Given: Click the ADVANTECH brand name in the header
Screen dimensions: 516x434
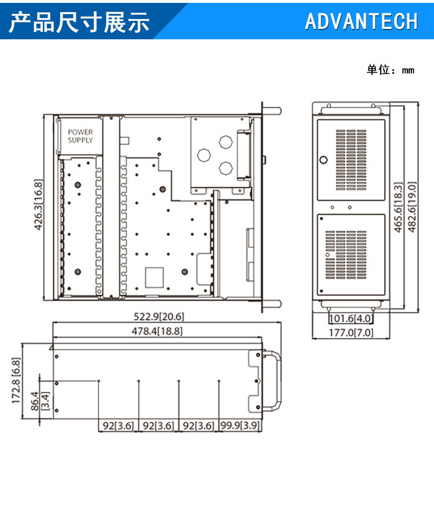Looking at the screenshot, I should [x=361, y=21].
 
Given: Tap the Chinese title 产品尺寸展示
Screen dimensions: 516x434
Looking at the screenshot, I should [x=80, y=21].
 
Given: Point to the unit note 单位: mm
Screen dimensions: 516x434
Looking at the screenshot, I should [x=391, y=70].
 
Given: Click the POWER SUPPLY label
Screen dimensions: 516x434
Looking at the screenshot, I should [x=80, y=136].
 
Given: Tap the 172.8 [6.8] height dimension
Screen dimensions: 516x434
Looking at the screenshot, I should [x=16, y=381].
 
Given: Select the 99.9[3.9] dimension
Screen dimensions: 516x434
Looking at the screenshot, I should [x=239, y=426].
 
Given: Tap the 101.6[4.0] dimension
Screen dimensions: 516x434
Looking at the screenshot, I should [x=351, y=318].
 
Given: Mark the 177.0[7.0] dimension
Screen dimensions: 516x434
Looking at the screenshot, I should [x=351, y=332].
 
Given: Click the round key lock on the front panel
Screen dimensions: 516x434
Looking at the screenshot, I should [x=323, y=160].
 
